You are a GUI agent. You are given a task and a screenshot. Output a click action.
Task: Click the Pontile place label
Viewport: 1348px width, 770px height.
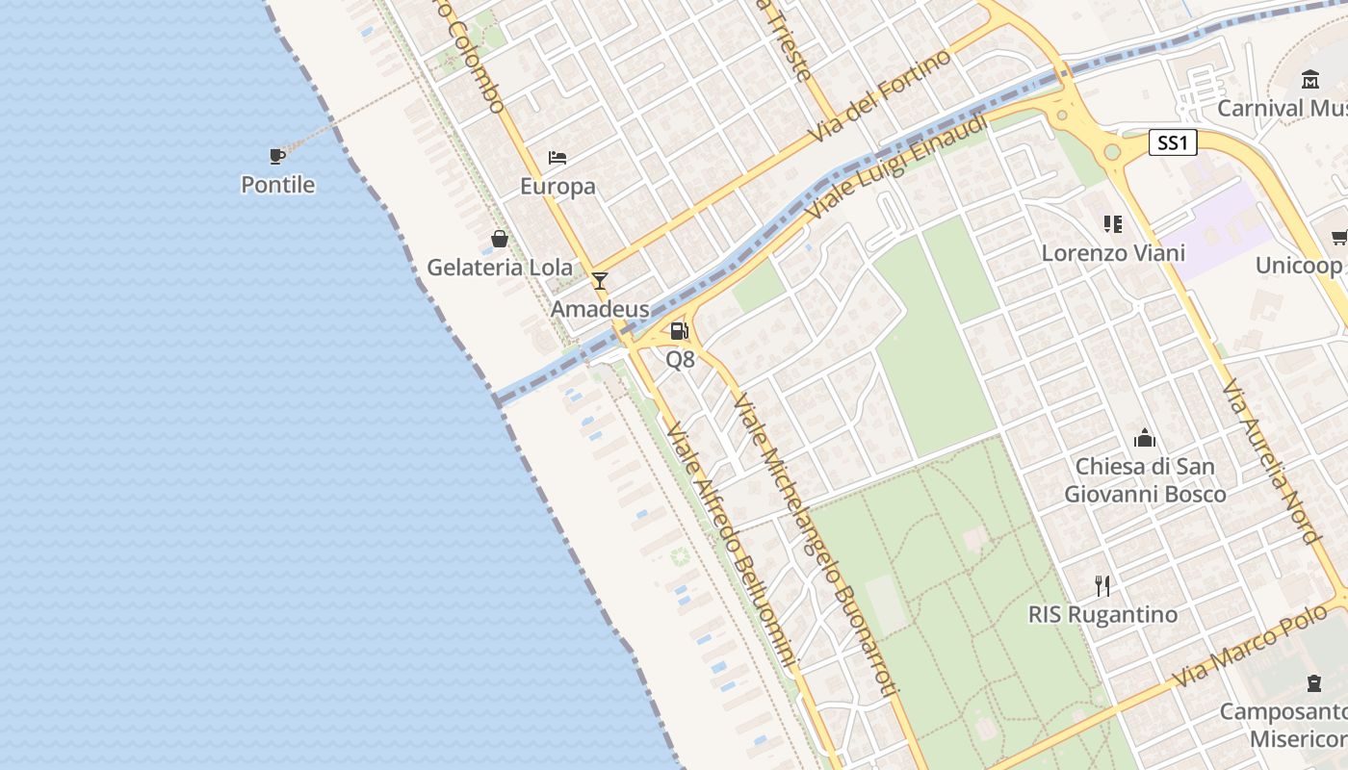[x=277, y=184]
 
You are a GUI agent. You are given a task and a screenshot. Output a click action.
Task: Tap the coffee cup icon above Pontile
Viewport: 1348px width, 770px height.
[x=277, y=155]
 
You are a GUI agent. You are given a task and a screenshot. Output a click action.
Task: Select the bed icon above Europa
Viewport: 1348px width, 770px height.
[x=557, y=157]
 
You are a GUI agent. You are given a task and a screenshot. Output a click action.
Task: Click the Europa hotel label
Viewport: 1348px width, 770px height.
[x=557, y=186]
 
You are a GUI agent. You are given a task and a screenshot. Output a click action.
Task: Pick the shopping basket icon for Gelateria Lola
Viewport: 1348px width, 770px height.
[x=499, y=239]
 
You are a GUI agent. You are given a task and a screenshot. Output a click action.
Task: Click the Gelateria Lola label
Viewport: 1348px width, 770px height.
[x=499, y=268]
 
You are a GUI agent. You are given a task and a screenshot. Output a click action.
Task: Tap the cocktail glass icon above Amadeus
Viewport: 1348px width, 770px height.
[x=600, y=280]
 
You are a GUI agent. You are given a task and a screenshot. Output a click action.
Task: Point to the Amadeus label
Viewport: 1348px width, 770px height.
[x=600, y=309]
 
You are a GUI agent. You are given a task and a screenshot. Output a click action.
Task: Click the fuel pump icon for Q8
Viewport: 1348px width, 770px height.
[x=680, y=331]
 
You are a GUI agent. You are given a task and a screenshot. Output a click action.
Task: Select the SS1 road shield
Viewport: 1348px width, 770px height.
[x=1173, y=143]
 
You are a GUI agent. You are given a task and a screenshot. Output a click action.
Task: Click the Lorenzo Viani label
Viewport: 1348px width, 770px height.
[x=1113, y=253]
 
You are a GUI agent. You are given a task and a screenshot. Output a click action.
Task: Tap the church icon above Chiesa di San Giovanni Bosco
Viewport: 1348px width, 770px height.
[x=1145, y=438]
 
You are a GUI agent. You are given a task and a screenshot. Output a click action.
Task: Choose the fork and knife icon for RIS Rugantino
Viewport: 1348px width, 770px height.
[x=1103, y=585]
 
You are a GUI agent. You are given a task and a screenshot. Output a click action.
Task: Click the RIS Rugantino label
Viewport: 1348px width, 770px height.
[x=1103, y=614]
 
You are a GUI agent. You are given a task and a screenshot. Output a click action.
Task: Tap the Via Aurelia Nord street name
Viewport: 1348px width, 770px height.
[x=1270, y=460]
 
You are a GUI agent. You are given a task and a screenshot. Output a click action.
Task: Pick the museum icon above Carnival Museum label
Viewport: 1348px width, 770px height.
[x=1310, y=79]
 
